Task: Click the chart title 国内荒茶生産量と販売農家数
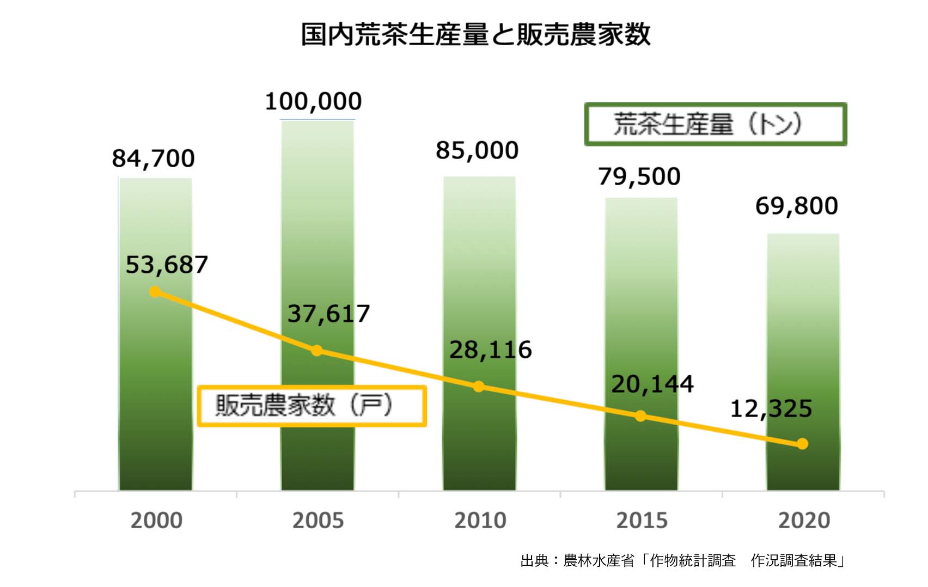pos(475,34)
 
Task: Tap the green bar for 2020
pos(803,327)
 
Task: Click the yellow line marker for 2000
pos(155,292)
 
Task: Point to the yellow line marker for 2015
pos(641,416)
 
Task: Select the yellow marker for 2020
pos(802,444)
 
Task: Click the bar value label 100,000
pos(313,102)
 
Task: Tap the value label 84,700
pos(153,158)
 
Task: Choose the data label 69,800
pos(796,206)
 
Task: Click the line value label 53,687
pos(167,265)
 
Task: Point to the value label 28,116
pos(490,350)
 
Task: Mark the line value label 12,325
pos(771,408)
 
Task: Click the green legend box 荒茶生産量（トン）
pos(715,124)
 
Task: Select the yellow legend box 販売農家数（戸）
pos(312,406)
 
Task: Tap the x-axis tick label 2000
pos(156,521)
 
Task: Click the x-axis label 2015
pos(642,521)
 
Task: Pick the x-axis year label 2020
pos(804,521)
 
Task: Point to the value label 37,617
pos(328,314)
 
